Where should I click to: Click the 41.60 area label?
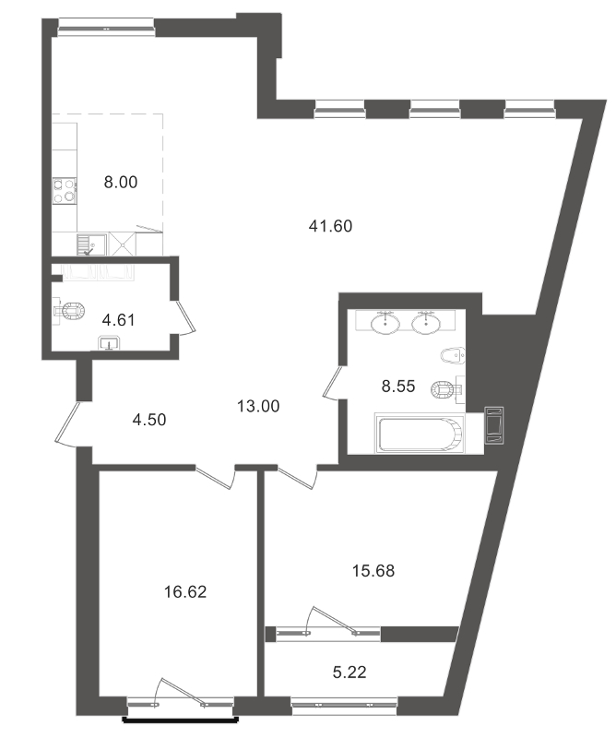pos(335,224)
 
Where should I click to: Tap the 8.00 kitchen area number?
pos(120,183)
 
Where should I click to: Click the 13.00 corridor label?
pos(258,405)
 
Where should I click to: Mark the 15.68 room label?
pos(373,571)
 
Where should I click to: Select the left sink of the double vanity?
pos(385,323)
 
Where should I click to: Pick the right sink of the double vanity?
pos(426,323)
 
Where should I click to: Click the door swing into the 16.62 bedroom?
pos(218,474)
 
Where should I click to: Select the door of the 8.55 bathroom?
pos(333,383)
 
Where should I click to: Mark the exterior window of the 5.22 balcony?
pos(344,707)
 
